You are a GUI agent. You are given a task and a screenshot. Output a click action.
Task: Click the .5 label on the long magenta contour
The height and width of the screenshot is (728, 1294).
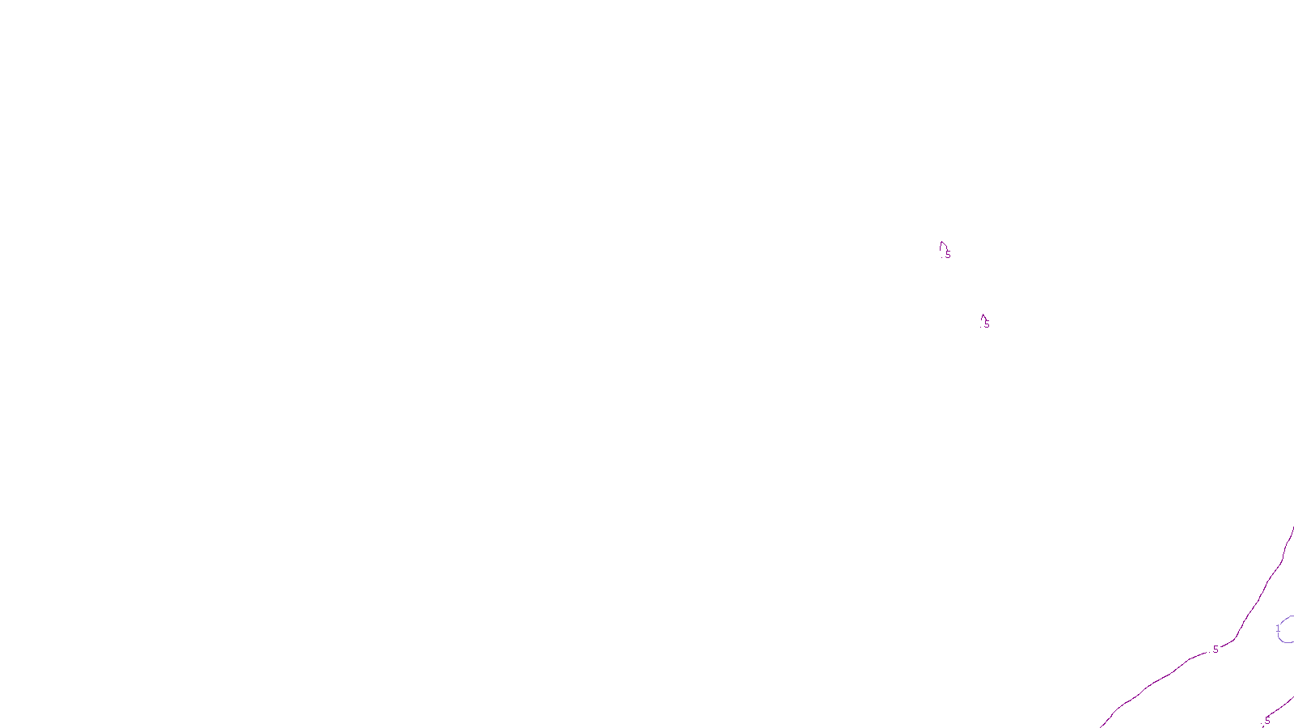tap(1215, 650)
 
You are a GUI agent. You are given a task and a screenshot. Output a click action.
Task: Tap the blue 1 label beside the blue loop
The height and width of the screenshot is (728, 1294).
tap(1278, 629)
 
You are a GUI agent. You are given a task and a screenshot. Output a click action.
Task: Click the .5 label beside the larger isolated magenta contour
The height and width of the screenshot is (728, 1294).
tap(947, 255)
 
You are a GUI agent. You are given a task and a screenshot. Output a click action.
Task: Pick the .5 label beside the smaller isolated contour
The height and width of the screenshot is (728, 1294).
tap(986, 324)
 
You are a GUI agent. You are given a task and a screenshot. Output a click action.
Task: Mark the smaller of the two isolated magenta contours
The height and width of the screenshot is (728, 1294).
tap(982, 317)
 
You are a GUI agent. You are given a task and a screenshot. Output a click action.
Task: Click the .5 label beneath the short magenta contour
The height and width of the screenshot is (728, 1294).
tap(1267, 721)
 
